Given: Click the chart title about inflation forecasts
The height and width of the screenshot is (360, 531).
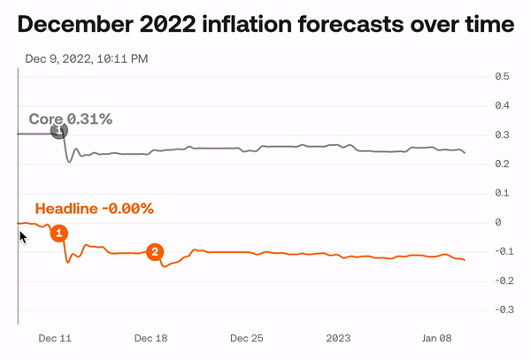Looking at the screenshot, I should (x=265, y=25).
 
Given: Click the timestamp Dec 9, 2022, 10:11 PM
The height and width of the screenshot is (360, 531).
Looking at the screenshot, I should (x=86, y=59).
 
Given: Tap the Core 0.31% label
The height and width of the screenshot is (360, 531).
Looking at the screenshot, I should (x=71, y=119).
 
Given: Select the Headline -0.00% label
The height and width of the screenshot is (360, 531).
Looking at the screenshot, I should (x=94, y=209).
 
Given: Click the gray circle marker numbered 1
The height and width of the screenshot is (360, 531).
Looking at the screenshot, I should (x=58, y=131).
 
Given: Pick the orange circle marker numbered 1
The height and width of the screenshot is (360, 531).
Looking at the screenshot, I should (x=58, y=233).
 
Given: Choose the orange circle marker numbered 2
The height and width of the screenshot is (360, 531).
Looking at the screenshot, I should (x=155, y=252).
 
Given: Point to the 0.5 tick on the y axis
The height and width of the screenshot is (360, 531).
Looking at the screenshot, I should (x=501, y=77).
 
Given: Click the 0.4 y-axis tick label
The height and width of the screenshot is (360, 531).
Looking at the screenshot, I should (x=501, y=106).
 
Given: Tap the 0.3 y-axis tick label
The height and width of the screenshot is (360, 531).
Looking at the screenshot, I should (x=501, y=135).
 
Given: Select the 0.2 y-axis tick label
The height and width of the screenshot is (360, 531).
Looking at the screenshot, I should (x=501, y=165).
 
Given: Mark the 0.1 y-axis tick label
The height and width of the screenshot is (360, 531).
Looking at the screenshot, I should (x=501, y=193).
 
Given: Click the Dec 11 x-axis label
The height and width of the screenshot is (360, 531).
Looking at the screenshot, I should (x=55, y=338).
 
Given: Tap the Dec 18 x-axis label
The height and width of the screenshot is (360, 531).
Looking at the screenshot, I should (x=150, y=338).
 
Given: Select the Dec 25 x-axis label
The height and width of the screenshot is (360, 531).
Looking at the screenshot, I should (x=247, y=338).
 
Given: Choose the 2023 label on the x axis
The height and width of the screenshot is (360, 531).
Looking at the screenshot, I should (x=339, y=338).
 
